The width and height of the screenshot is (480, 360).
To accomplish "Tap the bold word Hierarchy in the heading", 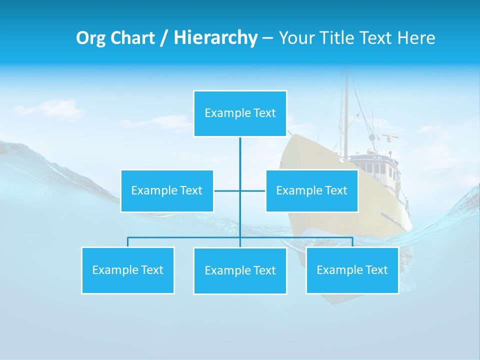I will coord(215,38).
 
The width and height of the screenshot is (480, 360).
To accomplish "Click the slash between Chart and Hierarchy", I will coord(164,38).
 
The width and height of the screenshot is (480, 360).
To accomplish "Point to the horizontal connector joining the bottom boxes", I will coord(185,237).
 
